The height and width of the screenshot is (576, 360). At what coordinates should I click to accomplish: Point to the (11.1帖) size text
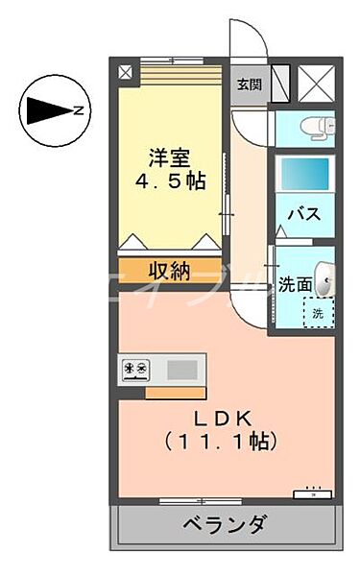(222, 442)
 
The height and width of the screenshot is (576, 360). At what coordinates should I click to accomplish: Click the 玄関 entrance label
(249, 84)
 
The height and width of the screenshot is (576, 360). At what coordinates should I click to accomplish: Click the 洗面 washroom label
(295, 283)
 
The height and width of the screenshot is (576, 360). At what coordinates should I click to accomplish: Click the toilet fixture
(318, 126)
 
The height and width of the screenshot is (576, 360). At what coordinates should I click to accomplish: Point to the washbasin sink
(324, 280)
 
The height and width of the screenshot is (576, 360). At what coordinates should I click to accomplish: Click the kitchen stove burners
(135, 369)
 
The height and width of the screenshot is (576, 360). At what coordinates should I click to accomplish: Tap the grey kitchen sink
(181, 369)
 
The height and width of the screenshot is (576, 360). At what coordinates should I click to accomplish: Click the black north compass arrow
(46, 111)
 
